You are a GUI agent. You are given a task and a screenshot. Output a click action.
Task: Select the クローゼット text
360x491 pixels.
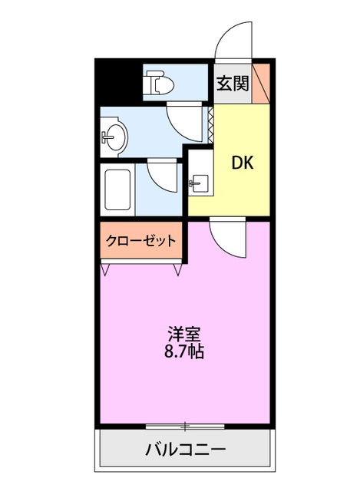click(140, 241)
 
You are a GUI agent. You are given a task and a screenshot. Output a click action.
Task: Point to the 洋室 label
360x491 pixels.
click(185, 334)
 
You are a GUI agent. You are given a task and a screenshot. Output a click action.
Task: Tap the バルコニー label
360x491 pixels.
click(185, 449)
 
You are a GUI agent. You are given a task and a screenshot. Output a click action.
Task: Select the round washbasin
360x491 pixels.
click(114, 137)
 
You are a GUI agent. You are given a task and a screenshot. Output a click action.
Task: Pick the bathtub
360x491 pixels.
click(117, 189)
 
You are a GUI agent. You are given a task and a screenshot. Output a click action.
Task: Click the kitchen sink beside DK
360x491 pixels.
click(199, 182)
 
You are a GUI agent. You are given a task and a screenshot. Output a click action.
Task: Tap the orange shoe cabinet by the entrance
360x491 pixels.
click(261, 84)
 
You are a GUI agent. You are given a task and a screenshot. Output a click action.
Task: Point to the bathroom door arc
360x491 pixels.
click(161, 174)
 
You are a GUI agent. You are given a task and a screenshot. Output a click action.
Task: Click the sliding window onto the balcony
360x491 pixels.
click(184, 425)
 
